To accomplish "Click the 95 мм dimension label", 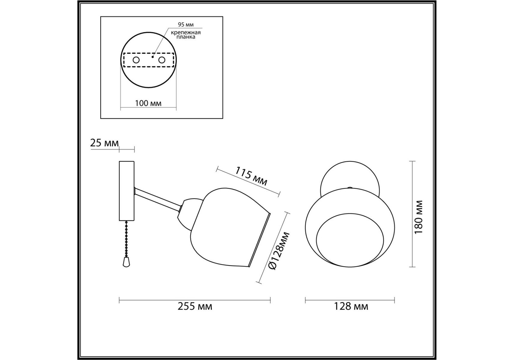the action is [186, 25].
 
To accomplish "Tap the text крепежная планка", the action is [186, 34].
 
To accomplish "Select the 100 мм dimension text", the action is [148, 103].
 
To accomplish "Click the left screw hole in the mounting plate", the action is [136, 60].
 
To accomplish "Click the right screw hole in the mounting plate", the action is [162, 60].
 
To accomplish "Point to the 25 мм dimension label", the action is [104, 143].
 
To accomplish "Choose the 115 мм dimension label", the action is [251, 176].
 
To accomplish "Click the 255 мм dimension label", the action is [195, 306].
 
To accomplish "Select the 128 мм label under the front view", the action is [351, 306].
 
